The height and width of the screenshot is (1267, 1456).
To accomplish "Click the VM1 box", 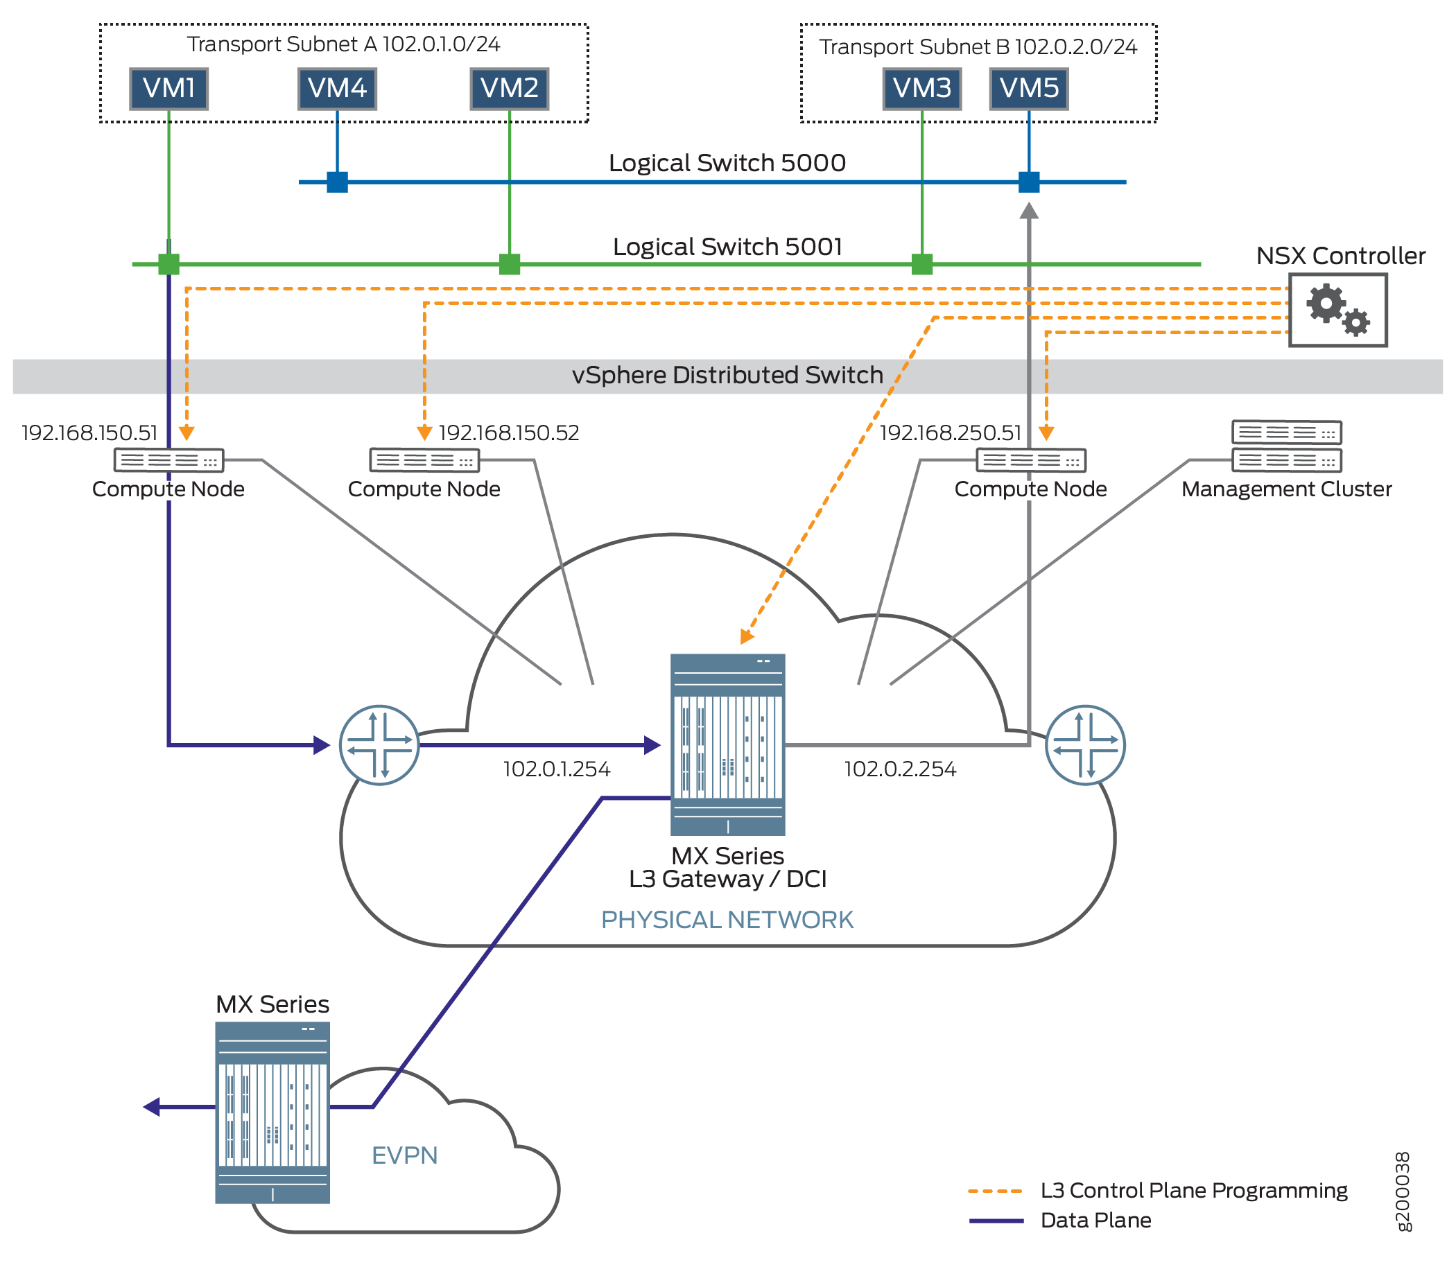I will (x=168, y=89).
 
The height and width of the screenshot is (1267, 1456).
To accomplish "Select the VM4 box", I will (x=336, y=89).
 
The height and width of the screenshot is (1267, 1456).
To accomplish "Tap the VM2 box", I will (x=509, y=89).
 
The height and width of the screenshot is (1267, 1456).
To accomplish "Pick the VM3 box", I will (x=921, y=89).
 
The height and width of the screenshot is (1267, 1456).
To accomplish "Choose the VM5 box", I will (x=1028, y=89).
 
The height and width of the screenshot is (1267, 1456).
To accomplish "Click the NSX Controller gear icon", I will (x=1337, y=310).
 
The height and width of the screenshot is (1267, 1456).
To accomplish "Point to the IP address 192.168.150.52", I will (x=508, y=432).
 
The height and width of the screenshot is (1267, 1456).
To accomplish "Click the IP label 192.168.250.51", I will (x=950, y=432).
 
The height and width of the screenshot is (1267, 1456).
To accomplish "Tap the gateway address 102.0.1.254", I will (x=557, y=769).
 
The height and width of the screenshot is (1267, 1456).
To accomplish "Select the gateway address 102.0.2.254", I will (x=899, y=769).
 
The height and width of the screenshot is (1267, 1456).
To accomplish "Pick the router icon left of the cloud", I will (x=379, y=744).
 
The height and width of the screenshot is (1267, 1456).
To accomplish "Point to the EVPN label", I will (x=404, y=1155).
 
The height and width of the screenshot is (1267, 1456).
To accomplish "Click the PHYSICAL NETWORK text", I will (x=727, y=919).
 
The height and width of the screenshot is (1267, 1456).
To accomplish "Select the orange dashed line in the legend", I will (x=995, y=1191).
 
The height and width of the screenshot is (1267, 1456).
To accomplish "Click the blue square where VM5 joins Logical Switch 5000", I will (x=1028, y=182).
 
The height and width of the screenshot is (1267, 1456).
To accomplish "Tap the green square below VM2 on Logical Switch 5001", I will (x=509, y=263).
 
